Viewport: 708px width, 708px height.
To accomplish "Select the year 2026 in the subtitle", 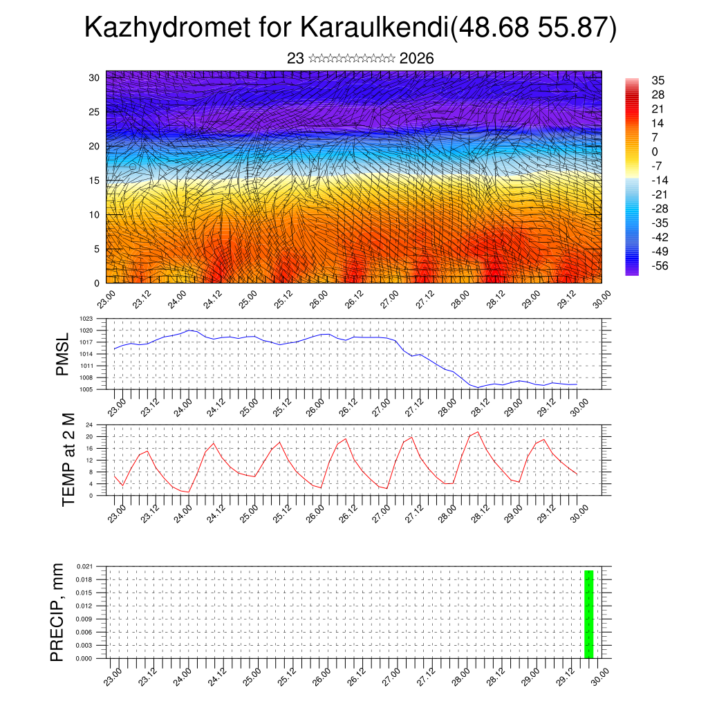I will (x=416, y=59).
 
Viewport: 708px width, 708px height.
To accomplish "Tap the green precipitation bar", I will (x=589, y=614).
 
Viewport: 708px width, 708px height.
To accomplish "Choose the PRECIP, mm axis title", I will (x=57, y=612).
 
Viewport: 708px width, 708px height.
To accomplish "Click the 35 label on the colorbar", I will (x=658, y=81).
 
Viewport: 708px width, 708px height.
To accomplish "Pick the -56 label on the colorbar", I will (x=660, y=265).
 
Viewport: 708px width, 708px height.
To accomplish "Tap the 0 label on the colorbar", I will (x=655, y=152).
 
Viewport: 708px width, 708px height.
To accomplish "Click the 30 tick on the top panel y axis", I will (x=93, y=77).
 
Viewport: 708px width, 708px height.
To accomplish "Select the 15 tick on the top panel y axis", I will (x=93, y=180).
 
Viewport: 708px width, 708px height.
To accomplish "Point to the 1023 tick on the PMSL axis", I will (x=86, y=319).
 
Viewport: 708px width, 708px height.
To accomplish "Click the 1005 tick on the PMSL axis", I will (x=86, y=389).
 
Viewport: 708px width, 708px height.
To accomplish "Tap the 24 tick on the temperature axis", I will (x=89, y=425).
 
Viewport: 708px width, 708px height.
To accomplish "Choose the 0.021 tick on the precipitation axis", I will (x=84, y=566).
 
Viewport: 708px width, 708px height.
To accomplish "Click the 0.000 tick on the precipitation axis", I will (x=84, y=659).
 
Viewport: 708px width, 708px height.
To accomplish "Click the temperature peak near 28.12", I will (x=478, y=432).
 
